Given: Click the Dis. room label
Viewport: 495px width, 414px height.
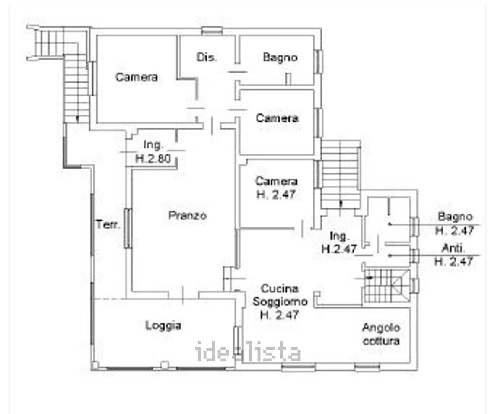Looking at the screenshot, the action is (x=207, y=57).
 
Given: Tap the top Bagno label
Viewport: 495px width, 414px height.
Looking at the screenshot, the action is (x=280, y=57).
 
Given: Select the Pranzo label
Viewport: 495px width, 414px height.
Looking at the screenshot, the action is (x=188, y=215).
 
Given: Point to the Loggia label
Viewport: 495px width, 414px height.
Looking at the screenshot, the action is (x=163, y=325).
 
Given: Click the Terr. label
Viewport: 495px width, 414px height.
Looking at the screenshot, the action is (x=108, y=225).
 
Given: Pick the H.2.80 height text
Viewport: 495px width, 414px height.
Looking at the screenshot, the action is (x=153, y=158).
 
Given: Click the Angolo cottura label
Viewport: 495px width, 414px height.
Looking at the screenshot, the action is (x=381, y=334).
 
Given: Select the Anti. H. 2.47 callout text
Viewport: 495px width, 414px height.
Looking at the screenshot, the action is (x=453, y=255).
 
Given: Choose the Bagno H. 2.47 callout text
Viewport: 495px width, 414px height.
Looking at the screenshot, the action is (x=455, y=224).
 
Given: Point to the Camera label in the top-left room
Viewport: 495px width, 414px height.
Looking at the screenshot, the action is (x=136, y=77).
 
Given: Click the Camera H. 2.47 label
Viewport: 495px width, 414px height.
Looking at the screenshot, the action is (x=276, y=187).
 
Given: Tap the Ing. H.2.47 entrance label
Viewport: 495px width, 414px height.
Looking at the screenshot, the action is (x=339, y=242).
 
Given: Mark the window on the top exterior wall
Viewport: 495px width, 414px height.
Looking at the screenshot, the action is (x=212, y=31).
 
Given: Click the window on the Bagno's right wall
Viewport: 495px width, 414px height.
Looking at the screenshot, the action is (x=319, y=61).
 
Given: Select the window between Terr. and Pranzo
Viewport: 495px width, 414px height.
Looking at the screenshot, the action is (x=128, y=228).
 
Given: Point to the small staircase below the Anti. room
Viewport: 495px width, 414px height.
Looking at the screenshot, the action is (x=386, y=286).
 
